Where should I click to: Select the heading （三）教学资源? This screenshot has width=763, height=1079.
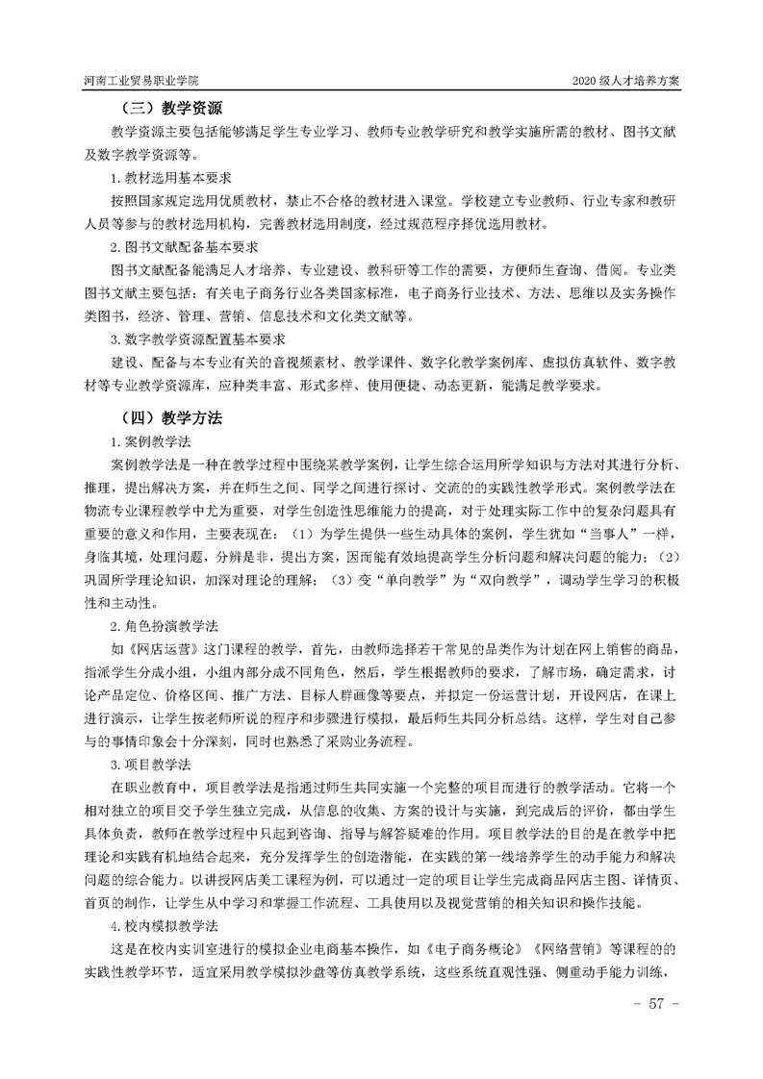171,109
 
